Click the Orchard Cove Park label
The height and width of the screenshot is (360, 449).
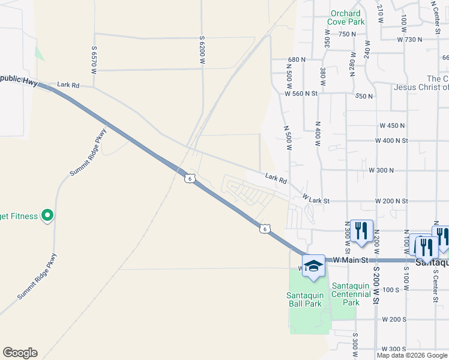(x=346, y=17)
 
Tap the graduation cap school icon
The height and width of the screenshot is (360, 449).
(x=313, y=266)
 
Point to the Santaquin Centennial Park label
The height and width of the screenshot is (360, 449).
(x=351, y=294)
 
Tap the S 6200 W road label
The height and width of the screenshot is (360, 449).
(x=203, y=49)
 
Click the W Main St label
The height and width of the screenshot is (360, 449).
(x=349, y=259)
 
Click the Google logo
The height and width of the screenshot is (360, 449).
(x=20, y=353)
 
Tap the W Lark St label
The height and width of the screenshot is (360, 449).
(x=316, y=197)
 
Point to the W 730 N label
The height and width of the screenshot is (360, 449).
(x=410, y=39)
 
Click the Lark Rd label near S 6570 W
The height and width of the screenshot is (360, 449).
(x=68, y=85)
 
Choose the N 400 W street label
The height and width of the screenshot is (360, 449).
(x=316, y=133)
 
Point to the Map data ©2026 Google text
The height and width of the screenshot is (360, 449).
(x=412, y=355)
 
